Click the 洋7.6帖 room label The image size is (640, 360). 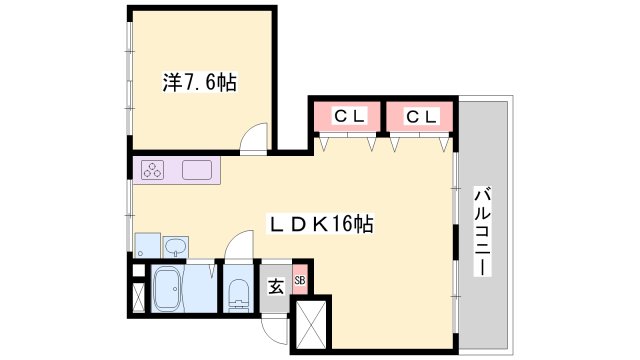click(x=199, y=83)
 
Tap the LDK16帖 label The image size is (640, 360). click(x=324, y=224)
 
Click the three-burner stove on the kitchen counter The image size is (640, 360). click(x=154, y=171)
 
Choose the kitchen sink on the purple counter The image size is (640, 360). click(x=196, y=170)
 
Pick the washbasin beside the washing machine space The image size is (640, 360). click(x=176, y=247)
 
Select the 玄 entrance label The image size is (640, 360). click(x=276, y=286)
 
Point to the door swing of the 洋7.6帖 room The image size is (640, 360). click(x=255, y=138)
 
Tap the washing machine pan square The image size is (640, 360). click(x=146, y=245)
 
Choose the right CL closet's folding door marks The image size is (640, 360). click(x=419, y=144)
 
